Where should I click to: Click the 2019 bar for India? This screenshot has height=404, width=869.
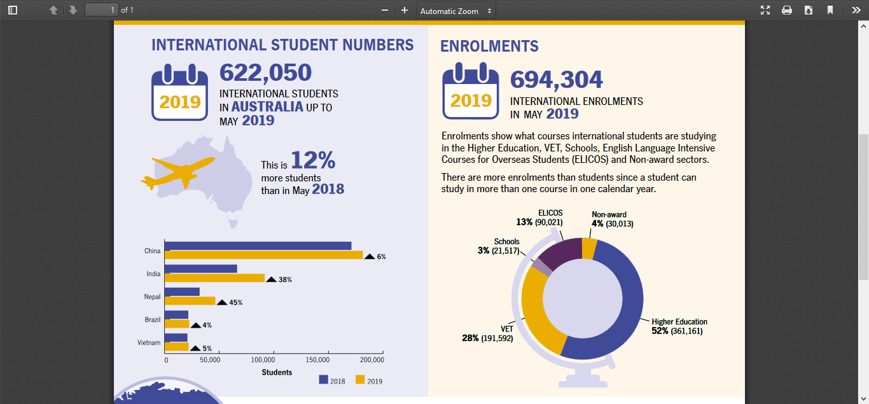[x=215, y=278]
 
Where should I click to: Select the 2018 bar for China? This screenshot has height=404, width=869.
[x=258, y=246]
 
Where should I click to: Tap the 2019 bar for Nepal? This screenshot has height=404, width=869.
[x=190, y=301]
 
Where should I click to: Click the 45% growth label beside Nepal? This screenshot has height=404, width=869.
[x=236, y=302]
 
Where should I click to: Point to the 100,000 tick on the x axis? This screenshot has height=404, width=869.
[x=263, y=359]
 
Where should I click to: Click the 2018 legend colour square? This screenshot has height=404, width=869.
[x=324, y=380]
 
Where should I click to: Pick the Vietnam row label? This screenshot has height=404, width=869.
[x=149, y=342]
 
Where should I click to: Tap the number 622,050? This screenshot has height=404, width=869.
[x=266, y=73]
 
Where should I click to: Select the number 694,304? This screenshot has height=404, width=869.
[x=556, y=80]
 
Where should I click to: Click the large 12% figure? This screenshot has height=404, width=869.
[x=313, y=160]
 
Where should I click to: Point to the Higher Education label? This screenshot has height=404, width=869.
[x=679, y=322]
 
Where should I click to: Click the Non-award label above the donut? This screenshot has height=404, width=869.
[x=609, y=214]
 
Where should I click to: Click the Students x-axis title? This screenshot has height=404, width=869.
[x=277, y=372]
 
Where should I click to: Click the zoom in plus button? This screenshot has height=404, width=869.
[x=405, y=10]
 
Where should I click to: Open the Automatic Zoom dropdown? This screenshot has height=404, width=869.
[x=456, y=11]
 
